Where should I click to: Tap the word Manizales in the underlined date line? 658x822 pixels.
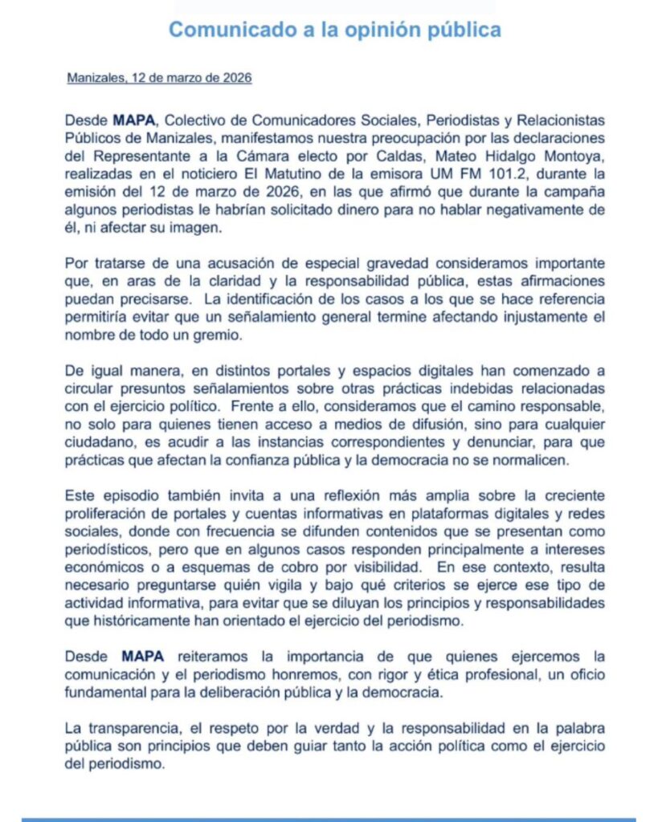tap(94, 79)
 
